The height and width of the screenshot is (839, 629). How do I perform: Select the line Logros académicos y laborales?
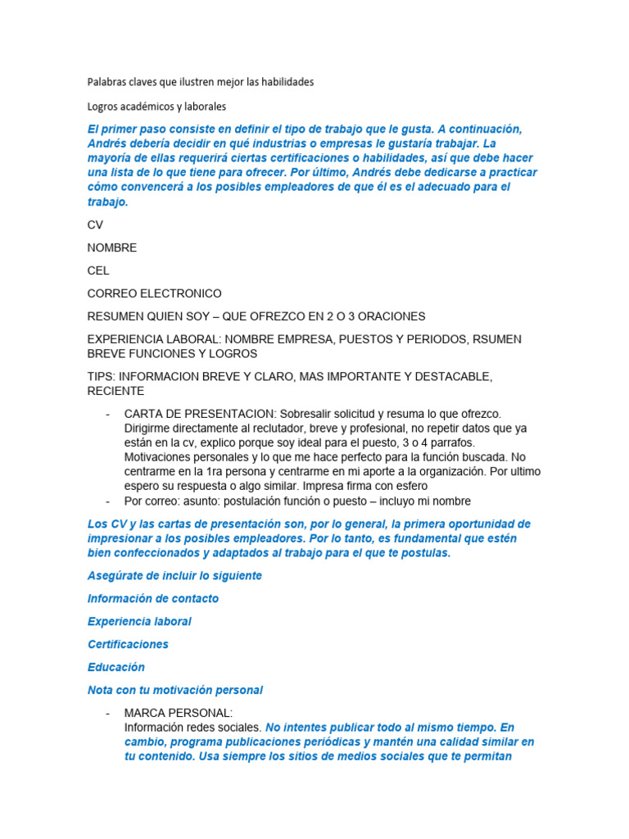156,107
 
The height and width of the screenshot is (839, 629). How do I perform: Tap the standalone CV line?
95,224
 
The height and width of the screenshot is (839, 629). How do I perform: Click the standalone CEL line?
98,270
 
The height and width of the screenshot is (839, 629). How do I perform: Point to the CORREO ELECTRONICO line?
154,293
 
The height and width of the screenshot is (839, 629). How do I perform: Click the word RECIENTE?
115,391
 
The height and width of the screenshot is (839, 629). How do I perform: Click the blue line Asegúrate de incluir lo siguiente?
174,575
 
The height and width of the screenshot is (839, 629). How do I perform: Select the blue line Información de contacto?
153,598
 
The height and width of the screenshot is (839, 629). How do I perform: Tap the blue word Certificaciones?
128,644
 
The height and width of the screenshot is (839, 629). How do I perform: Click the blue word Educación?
115,667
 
